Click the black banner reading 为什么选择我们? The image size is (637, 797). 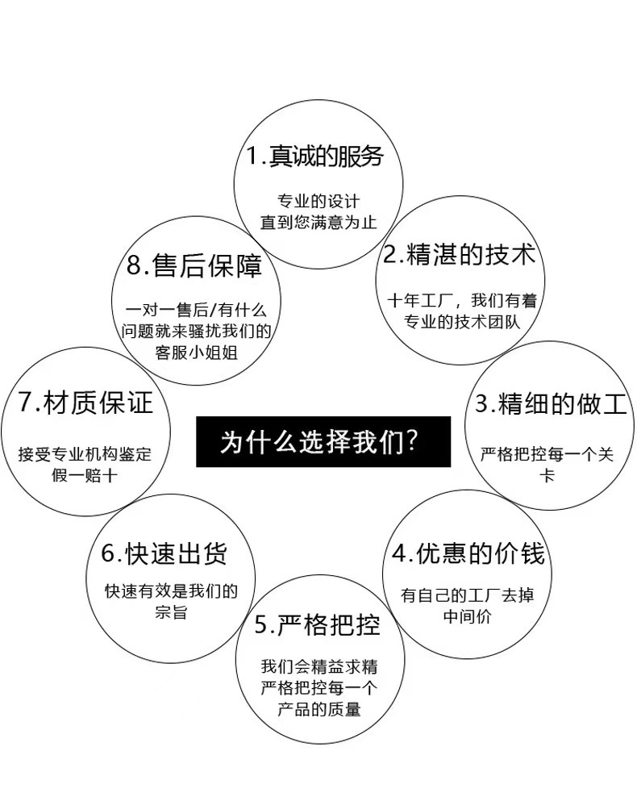pos(323,441)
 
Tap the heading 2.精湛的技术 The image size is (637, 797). pos(459,256)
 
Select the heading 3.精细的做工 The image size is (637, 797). pos(551,403)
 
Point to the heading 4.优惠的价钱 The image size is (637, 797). pos(468,553)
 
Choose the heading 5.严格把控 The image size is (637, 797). pos(317,624)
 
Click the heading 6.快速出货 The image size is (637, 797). pos(164,554)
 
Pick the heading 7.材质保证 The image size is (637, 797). pos(85,403)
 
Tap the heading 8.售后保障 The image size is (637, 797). pos(194,265)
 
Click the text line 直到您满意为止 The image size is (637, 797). pos(318,222)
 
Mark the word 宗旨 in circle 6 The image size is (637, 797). pos(171,612)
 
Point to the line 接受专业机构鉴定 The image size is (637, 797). pos(85,454)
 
